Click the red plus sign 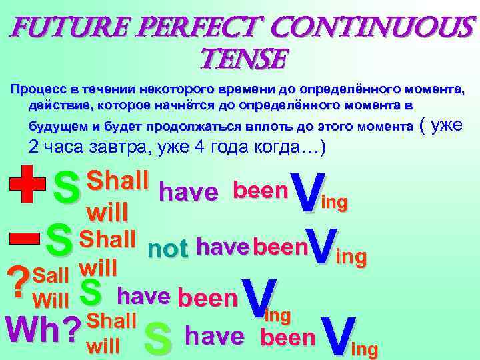click(x=25, y=181)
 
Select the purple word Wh click(x=33, y=327)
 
